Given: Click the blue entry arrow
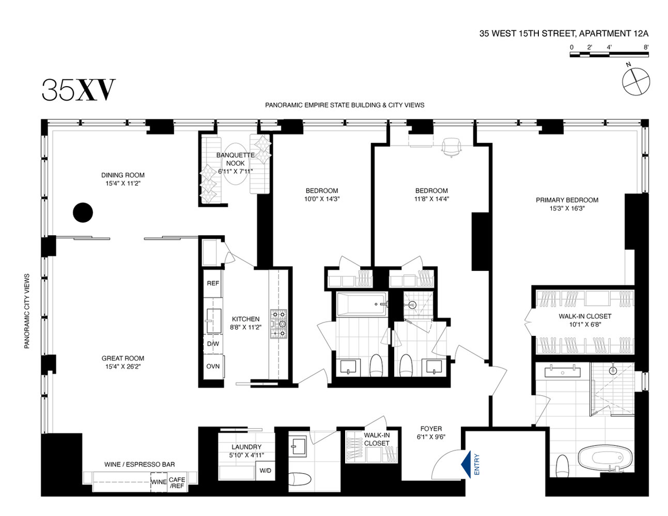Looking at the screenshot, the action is pyautogui.click(x=466, y=464).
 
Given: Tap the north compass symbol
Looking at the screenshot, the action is pyautogui.click(x=636, y=81).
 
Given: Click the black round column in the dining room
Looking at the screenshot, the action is pyautogui.click(x=83, y=212).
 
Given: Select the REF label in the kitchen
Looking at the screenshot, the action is pyautogui.click(x=213, y=283).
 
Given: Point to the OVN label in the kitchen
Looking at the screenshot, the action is pyautogui.click(x=213, y=366).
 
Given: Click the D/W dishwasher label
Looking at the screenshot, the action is pyautogui.click(x=213, y=344).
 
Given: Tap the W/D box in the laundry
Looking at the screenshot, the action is pyautogui.click(x=265, y=470).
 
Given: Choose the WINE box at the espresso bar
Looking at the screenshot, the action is pyautogui.click(x=159, y=482).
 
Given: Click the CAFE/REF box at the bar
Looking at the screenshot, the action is pyautogui.click(x=177, y=483).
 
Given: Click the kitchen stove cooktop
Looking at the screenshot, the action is pyautogui.click(x=278, y=324).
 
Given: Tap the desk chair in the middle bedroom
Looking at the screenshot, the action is pyautogui.click(x=451, y=147).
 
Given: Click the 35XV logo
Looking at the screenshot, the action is pyautogui.click(x=78, y=90).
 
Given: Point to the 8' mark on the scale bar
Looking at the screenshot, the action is pyautogui.click(x=646, y=47).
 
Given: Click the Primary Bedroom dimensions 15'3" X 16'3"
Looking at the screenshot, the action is pyautogui.click(x=567, y=209).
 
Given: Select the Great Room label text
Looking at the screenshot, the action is pyautogui.click(x=122, y=358).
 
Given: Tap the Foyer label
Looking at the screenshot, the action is pyautogui.click(x=431, y=429).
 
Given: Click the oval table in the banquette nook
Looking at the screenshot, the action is pyautogui.click(x=235, y=163).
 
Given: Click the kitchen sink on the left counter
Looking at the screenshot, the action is pyautogui.click(x=214, y=321).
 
